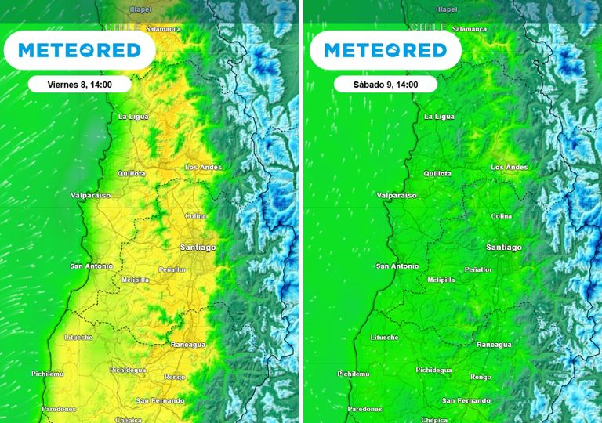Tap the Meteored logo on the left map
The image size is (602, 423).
[78, 51]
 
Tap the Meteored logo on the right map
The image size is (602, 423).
[385, 51]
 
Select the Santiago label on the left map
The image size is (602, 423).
[198, 248]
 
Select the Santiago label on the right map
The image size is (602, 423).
[503, 248]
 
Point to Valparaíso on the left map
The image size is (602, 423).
[90, 194]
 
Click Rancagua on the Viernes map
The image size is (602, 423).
[188, 345]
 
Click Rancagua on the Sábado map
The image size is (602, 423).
[494, 345]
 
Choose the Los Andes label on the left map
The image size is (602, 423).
[203, 168]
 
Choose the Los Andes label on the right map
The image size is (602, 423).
[509, 168]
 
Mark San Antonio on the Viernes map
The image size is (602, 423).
[92, 266]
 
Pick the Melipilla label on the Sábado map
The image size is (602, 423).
[441, 280]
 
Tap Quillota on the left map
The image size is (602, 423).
[132, 174]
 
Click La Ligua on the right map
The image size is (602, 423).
[439, 117]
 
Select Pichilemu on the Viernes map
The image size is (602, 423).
[48, 374]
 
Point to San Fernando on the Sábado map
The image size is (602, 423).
[466, 401]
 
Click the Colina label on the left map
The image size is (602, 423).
[195, 215]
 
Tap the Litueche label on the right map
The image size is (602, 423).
[384, 338]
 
